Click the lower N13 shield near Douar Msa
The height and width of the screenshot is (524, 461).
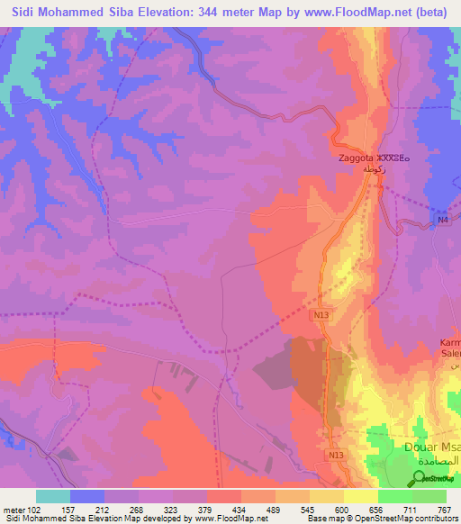336,456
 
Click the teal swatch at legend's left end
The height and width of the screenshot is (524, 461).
53,496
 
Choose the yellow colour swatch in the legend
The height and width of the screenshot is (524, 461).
360,496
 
